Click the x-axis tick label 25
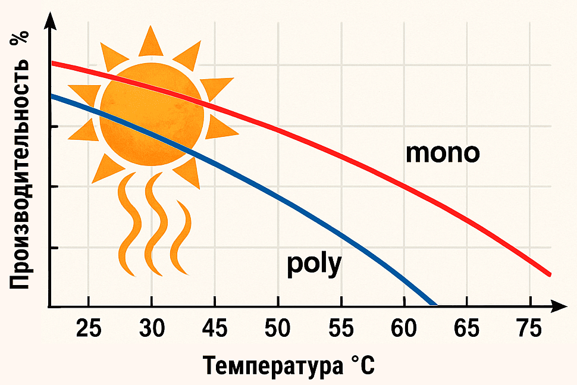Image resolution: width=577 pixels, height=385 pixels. click(88, 329)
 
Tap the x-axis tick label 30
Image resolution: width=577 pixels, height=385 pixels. click(151, 329)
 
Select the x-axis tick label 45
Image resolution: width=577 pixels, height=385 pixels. click(215, 329)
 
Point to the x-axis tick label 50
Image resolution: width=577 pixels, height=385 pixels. click(278, 329)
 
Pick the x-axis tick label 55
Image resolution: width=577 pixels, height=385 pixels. click(341, 329)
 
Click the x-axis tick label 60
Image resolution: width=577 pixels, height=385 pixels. click(404, 329)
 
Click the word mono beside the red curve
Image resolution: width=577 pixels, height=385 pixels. click(442, 153)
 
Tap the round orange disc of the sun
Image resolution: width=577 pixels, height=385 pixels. click(152, 113)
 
